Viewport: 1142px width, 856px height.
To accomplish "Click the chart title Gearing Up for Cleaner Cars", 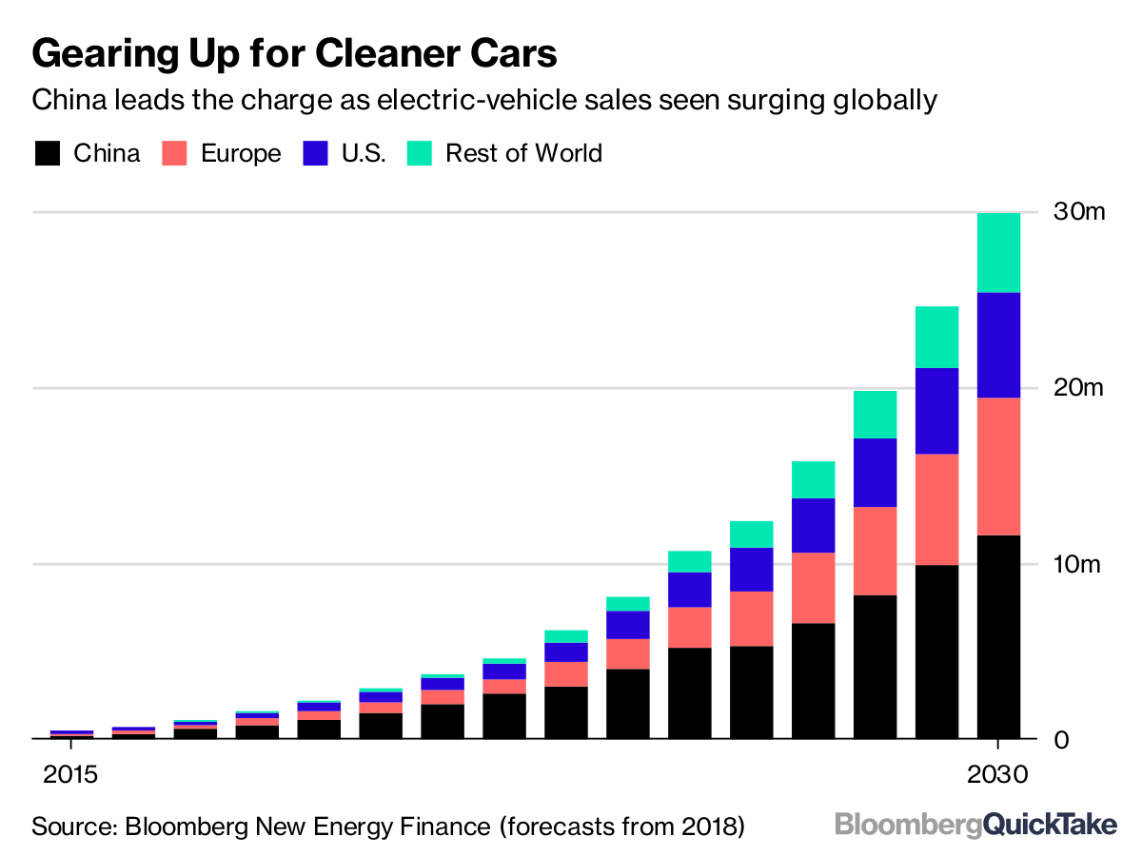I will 294,54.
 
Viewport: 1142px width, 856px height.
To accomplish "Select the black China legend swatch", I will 47,153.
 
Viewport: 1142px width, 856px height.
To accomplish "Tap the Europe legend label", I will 241,153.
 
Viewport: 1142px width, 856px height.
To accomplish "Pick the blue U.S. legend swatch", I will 316,153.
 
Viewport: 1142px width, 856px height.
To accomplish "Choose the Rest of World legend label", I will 523,153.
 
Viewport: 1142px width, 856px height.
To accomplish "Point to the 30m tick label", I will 1078,212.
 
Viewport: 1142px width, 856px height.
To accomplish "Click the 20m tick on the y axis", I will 1078,388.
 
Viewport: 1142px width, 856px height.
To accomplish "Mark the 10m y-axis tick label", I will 1078,564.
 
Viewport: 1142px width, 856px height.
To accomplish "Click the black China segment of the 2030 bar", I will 998,636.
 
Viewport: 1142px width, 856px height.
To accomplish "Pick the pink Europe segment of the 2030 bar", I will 998,466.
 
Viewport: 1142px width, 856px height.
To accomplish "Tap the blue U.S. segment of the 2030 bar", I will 998,344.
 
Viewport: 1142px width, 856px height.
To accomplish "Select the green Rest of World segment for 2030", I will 998,252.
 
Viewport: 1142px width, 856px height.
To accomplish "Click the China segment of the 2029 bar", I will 936,652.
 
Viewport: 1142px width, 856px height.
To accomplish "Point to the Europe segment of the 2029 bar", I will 936,509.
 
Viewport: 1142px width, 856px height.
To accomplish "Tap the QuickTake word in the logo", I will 1050,825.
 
